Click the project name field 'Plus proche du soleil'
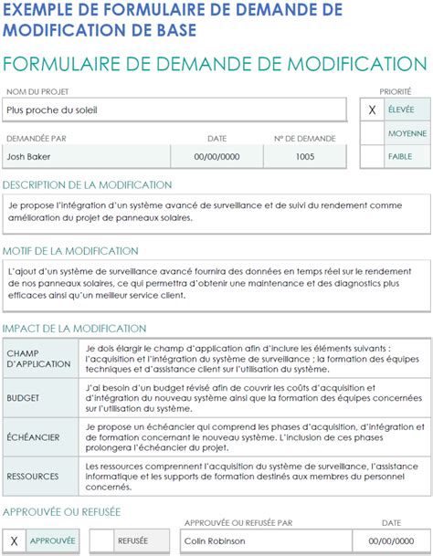(x=174, y=110)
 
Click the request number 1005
(x=305, y=156)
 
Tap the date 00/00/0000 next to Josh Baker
(x=217, y=156)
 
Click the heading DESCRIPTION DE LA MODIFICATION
(x=87, y=185)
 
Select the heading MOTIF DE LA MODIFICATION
(x=70, y=250)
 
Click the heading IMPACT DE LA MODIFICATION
(x=74, y=328)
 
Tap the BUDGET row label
(x=23, y=398)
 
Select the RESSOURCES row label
(x=33, y=476)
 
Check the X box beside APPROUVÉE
(x=14, y=540)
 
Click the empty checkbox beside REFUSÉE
(x=101, y=540)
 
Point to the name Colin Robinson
(x=219, y=540)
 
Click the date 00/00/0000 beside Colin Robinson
(x=391, y=540)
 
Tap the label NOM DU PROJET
(x=37, y=91)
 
